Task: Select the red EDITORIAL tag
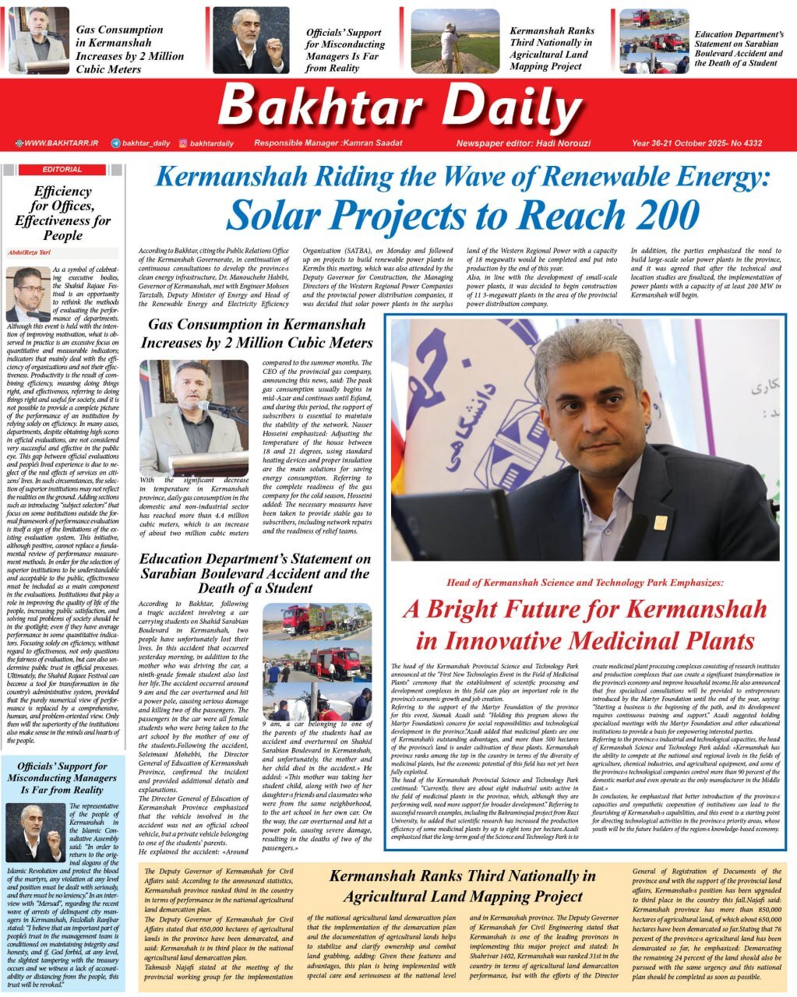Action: click(x=62, y=169)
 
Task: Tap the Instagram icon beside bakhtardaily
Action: click(x=183, y=143)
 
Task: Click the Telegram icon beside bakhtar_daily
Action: click(x=116, y=143)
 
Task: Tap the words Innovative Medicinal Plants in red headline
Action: click(x=585, y=641)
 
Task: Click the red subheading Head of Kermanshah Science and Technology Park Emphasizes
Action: click(x=585, y=582)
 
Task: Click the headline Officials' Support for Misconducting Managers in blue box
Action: click(x=62, y=778)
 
